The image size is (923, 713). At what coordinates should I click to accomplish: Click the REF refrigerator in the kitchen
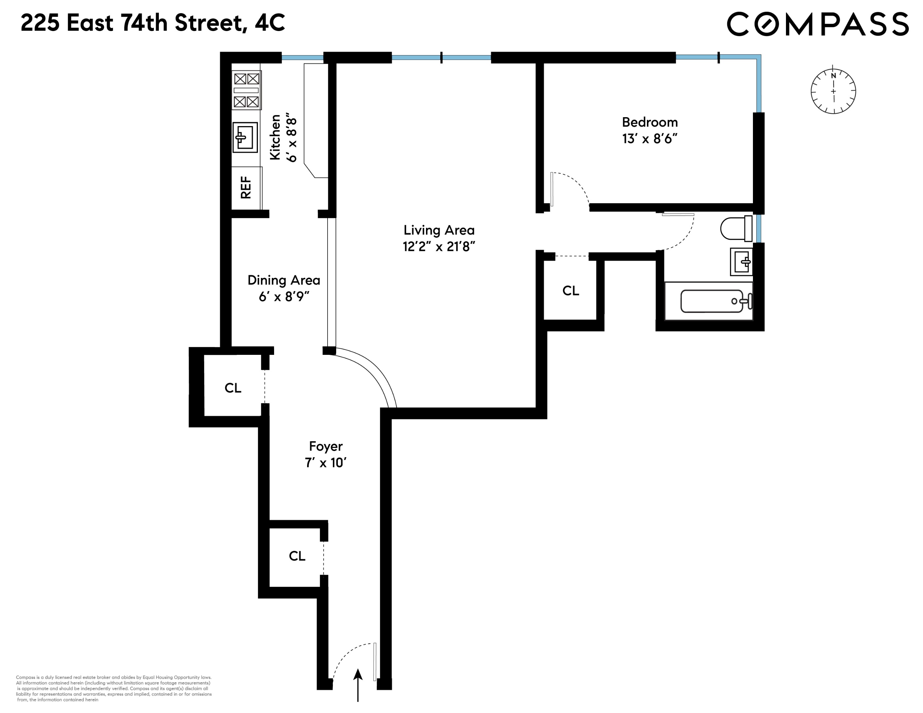[246, 187]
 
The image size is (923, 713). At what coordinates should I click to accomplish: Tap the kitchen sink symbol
[245, 137]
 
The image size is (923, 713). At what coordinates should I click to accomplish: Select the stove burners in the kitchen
[246, 90]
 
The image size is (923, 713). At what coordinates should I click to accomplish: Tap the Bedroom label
[650, 122]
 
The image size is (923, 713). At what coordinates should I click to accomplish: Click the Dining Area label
[284, 280]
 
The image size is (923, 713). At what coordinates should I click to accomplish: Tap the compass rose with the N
[833, 91]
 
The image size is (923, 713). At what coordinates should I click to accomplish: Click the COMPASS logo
[817, 24]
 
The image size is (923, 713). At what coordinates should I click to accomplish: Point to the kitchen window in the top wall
[302, 58]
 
